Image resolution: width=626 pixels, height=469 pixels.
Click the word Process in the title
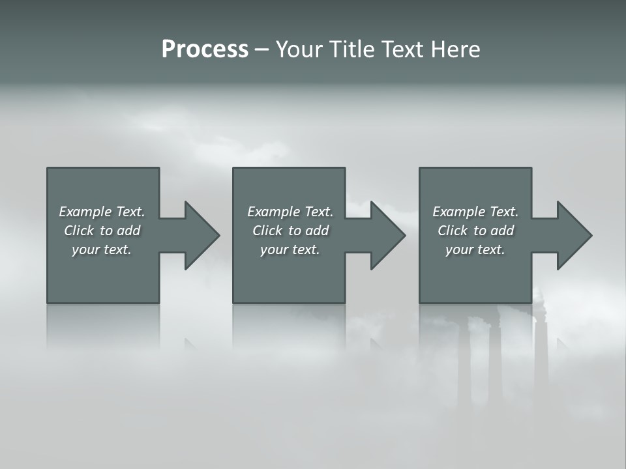pyautogui.click(x=205, y=50)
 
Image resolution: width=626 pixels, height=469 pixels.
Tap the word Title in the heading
pyautogui.click(x=349, y=50)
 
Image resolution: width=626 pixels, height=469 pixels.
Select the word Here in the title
pyautogui.click(x=456, y=50)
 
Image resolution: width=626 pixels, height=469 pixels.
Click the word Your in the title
pyautogui.click(x=298, y=50)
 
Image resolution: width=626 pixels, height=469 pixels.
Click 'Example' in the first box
pyautogui.click(x=85, y=212)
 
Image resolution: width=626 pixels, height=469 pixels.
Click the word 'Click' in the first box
pyautogui.click(x=78, y=231)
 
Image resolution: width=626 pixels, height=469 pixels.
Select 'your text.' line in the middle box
pyautogui.click(x=290, y=249)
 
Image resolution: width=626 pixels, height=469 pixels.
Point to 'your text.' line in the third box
pyautogui.click(x=475, y=249)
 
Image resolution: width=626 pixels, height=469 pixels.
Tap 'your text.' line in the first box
pyautogui.click(x=101, y=249)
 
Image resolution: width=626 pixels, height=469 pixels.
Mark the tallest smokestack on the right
pyautogui.click(x=541, y=352)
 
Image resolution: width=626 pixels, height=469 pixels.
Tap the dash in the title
pyautogui.click(x=261, y=50)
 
